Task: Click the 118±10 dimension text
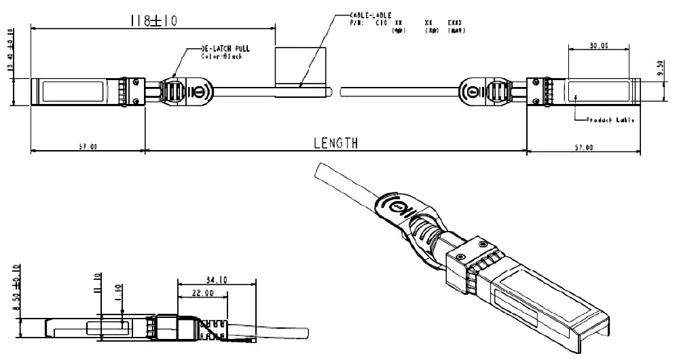pos(153,21)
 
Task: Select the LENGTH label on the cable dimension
pos(335,143)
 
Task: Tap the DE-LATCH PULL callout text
pos(225,50)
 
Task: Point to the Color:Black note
pos(221,56)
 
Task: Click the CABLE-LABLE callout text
pos(369,15)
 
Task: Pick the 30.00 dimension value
pos(599,46)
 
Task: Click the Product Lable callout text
pos(611,120)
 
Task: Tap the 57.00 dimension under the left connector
pos(88,146)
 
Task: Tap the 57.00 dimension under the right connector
pos(584,147)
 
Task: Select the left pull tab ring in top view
pos(199,91)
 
